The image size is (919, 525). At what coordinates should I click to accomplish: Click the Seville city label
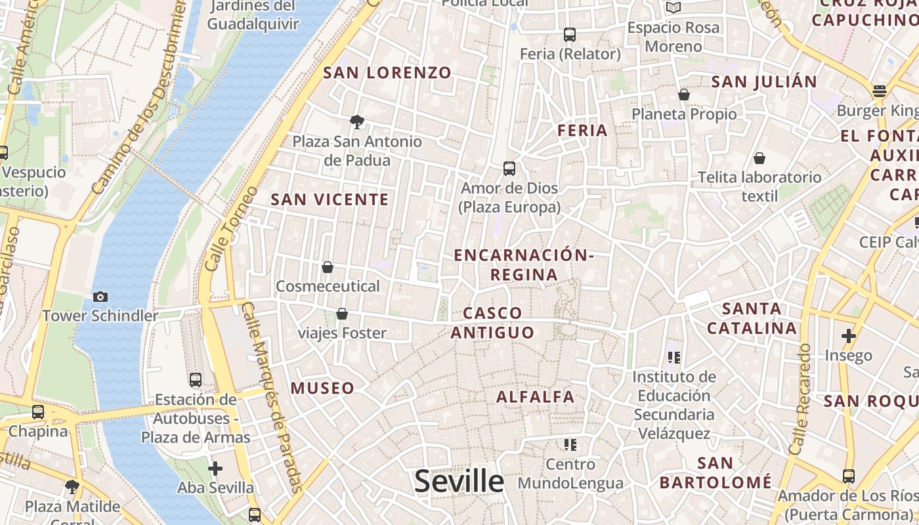click(459, 482)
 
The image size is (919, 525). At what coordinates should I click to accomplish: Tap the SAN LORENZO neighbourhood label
click(387, 73)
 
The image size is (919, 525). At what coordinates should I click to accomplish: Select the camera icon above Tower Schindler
click(100, 297)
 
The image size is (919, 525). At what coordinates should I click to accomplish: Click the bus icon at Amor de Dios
click(509, 169)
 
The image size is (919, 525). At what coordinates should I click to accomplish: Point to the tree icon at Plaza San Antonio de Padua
click(357, 121)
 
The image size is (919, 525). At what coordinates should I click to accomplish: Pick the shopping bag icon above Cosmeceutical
click(328, 267)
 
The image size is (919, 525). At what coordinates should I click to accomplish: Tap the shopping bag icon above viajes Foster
click(342, 314)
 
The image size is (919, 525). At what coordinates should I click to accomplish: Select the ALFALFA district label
click(535, 396)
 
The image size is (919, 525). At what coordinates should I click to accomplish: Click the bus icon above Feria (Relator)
click(570, 35)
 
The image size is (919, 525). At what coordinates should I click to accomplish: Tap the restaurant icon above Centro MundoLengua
click(570, 445)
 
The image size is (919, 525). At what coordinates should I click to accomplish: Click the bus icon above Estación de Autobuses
click(196, 379)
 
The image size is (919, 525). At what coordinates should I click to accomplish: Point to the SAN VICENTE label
click(330, 199)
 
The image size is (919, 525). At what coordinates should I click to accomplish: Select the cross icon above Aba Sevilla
click(215, 469)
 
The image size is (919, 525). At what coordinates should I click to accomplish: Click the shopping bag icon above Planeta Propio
click(684, 94)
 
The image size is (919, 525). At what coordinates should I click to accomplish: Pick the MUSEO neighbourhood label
click(322, 388)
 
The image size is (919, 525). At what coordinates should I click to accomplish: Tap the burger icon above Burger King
click(880, 91)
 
